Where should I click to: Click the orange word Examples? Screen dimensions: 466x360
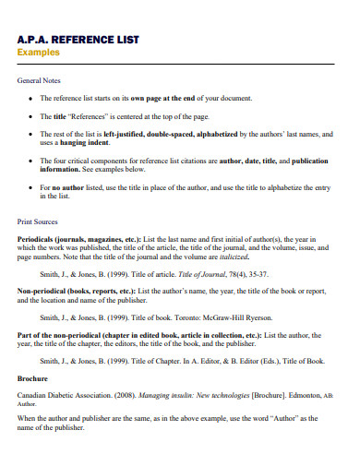pyautogui.click(x=40, y=53)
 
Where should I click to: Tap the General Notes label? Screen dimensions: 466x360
pyautogui.click(x=40, y=81)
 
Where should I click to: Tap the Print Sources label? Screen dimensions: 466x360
pyautogui.click(x=39, y=221)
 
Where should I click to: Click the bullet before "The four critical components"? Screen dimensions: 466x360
pyautogui.click(x=30, y=161)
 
